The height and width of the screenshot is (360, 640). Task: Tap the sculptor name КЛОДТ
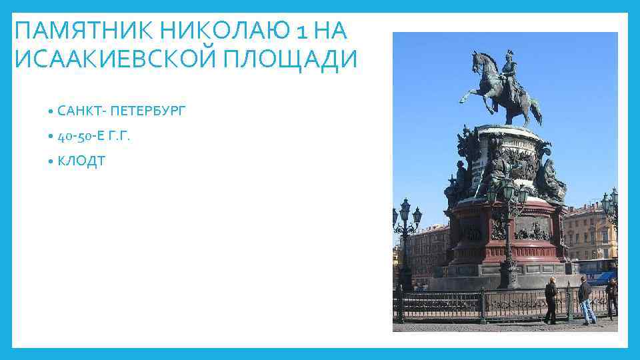tap(81, 162)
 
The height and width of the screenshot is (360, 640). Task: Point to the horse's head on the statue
tap(478, 63)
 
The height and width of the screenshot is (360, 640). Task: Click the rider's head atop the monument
tap(509, 57)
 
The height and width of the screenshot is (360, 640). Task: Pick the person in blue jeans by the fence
tap(585, 300)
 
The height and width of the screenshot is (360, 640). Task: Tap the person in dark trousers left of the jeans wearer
tap(551, 300)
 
